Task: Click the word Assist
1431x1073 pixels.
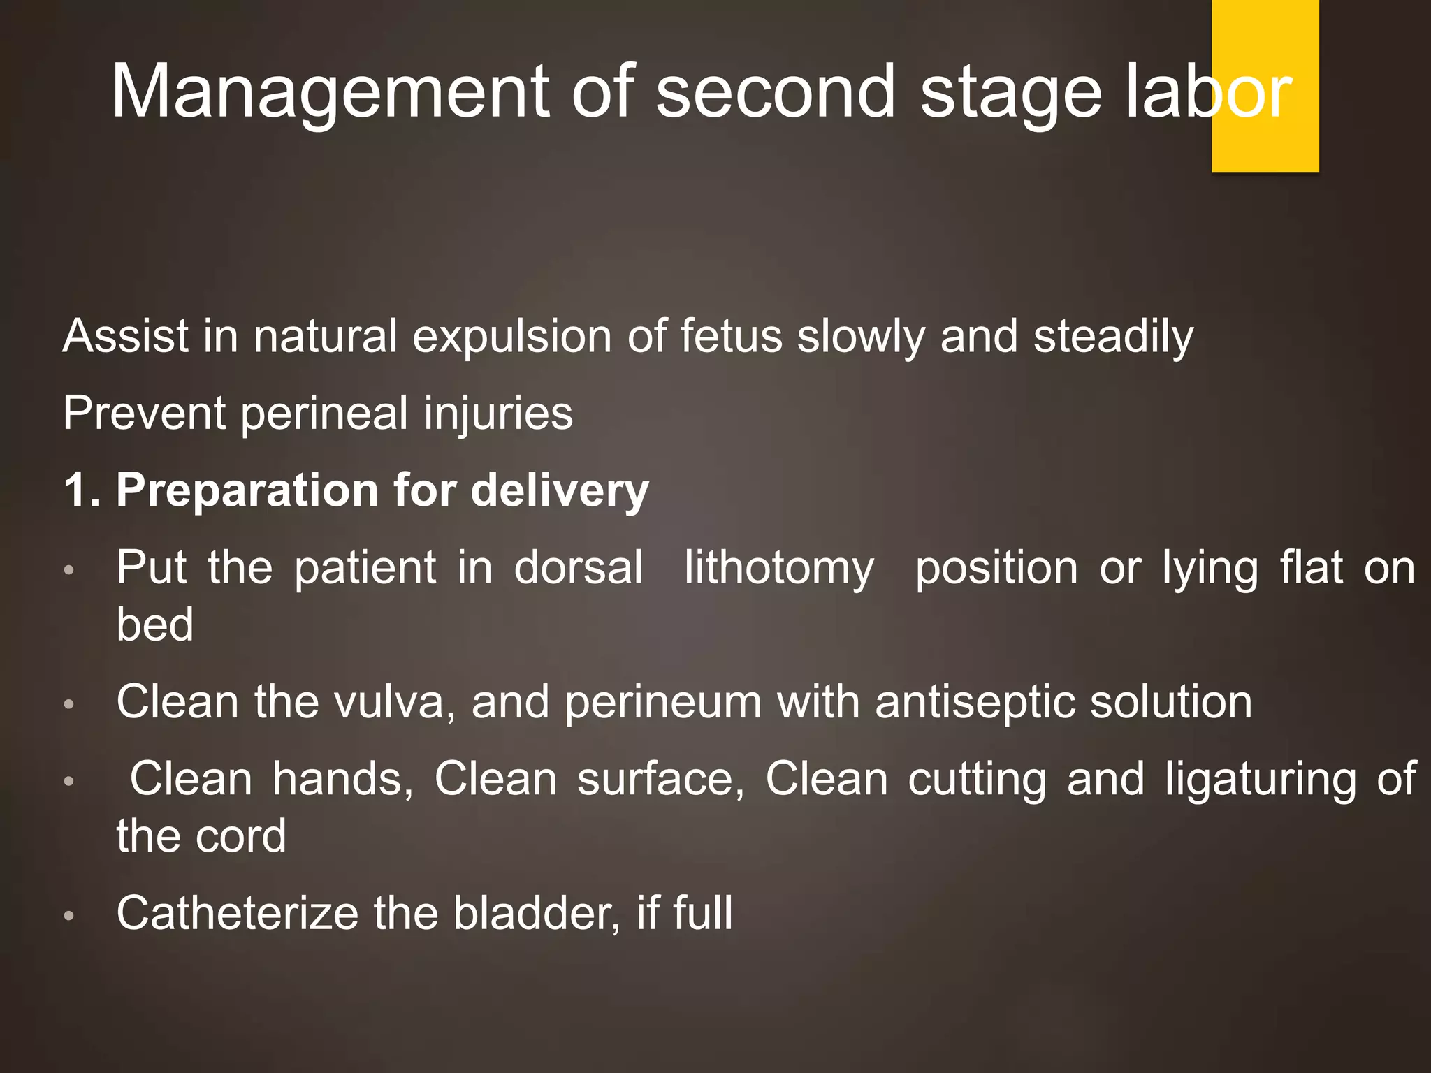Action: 126,337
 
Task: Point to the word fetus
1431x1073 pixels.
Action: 732,337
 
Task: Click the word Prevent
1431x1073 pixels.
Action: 144,414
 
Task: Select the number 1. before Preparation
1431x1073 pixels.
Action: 82,490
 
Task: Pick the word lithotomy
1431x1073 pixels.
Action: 779,569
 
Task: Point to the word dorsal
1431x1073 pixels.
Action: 579,567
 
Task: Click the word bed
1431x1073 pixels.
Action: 155,625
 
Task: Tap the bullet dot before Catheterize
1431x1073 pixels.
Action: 68,915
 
